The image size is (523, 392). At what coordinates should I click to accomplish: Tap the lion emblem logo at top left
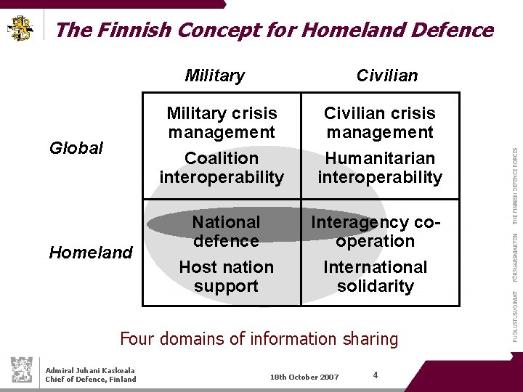click(x=20, y=28)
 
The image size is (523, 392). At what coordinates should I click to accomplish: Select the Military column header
click(x=215, y=75)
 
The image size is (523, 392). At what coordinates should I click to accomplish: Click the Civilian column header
click(x=387, y=75)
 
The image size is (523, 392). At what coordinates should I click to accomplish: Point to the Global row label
click(x=76, y=148)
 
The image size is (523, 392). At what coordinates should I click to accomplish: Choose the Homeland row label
click(x=91, y=253)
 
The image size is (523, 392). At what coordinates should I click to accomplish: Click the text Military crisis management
click(x=222, y=123)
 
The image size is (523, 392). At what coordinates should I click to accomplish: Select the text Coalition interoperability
click(x=222, y=168)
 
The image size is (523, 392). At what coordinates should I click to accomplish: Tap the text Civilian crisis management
click(x=380, y=123)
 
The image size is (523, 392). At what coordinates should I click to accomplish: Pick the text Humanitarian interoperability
click(x=380, y=168)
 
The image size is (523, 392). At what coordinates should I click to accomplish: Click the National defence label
click(x=226, y=232)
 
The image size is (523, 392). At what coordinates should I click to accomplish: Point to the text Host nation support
click(x=226, y=277)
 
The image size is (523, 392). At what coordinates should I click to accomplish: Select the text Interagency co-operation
click(x=376, y=232)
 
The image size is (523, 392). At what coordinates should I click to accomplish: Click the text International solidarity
click(x=376, y=277)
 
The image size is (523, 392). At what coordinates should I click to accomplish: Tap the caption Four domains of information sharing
click(x=259, y=339)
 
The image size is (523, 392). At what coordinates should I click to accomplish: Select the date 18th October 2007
click(x=304, y=377)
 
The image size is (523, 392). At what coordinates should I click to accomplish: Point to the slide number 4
click(x=375, y=375)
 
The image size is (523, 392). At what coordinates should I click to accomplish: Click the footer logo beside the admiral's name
click(x=23, y=370)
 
